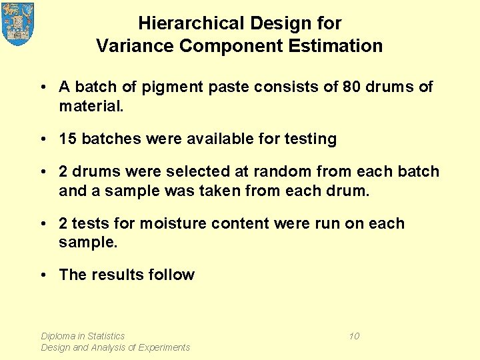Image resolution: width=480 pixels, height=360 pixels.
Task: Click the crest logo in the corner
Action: (18, 23)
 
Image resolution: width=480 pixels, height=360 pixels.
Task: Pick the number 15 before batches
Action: (67, 139)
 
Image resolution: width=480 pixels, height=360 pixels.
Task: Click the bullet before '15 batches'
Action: (42, 139)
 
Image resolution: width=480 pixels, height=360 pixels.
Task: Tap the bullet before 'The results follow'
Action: (42, 275)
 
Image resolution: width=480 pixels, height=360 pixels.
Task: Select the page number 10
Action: (354, 336)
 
